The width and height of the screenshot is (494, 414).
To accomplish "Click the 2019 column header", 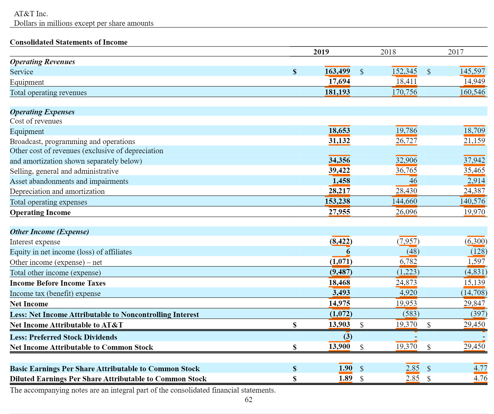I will point(321,52).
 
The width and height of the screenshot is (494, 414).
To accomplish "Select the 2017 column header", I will point(456,52).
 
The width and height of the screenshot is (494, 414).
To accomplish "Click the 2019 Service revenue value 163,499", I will point(337,71).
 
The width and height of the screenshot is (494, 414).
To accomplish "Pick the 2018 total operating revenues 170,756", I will point(404,92).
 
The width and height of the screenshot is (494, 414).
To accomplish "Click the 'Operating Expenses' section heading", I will point(42,112).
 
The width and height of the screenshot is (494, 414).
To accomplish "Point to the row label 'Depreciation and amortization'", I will point(57,191).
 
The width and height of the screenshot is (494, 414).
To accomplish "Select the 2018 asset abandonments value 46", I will point(413,181).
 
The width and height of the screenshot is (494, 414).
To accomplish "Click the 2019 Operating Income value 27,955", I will point(339,212).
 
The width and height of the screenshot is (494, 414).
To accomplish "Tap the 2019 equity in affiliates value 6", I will point(348,251).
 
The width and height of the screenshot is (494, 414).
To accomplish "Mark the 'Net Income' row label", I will point(29,304).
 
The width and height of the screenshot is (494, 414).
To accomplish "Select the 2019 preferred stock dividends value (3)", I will point(348,337).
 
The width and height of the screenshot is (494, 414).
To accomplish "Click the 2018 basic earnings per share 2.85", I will point(412,368).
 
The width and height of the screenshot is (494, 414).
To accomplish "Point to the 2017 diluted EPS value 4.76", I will point(480,378).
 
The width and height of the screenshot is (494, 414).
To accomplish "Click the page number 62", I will point(248,400).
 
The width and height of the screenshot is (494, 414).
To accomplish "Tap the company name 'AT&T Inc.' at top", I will point(31,14).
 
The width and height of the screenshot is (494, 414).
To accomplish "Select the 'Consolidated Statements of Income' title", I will point(69,42).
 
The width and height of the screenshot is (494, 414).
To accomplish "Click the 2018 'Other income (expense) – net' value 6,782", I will point(408,261).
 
